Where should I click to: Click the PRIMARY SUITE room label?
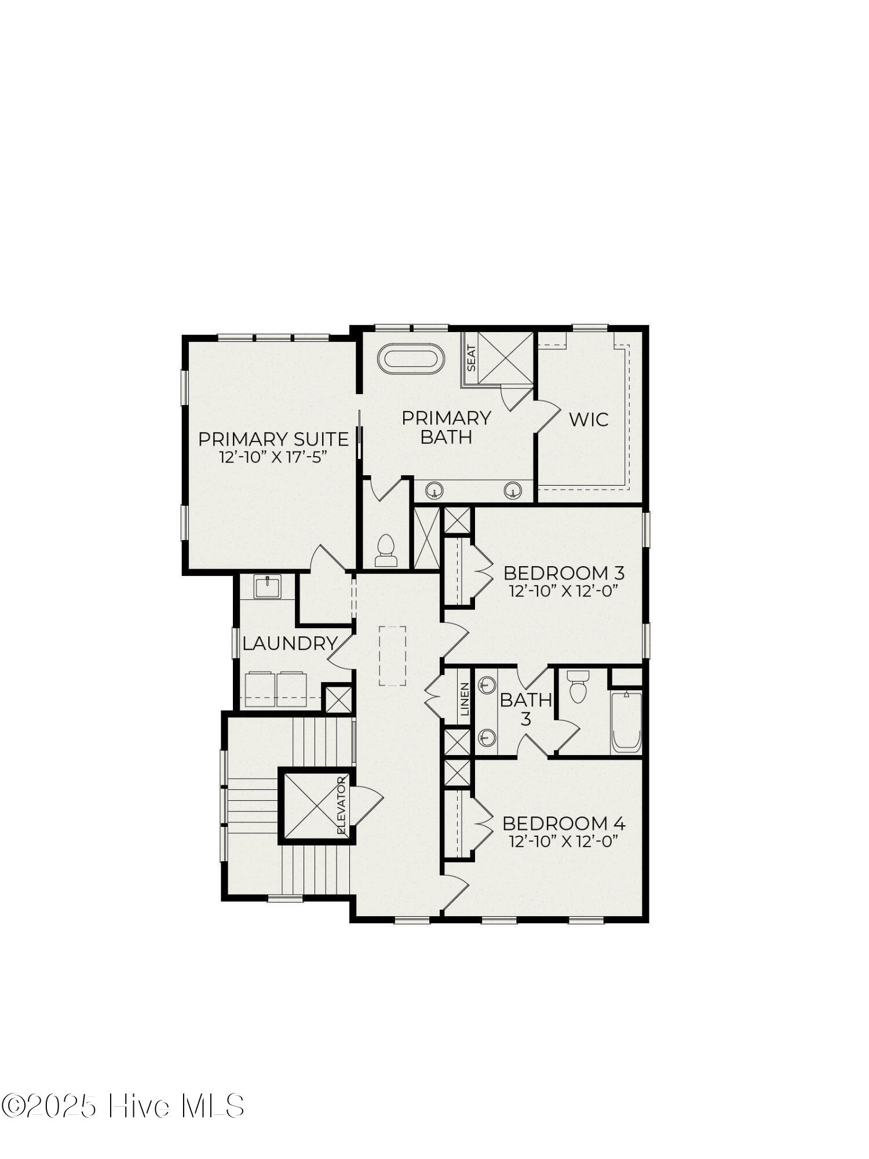pos(273,439)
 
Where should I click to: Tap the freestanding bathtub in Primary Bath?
pos(411,359)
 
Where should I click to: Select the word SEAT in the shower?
pos(471,359)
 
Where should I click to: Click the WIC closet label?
pos(589,419)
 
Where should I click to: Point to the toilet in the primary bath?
pos(385,551)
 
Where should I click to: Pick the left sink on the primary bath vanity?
pos(434,491)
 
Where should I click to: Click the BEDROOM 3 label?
pos(564,573)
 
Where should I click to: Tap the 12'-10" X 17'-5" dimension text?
pos(273,457)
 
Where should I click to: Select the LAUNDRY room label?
pos(290,643)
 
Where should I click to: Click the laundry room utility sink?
pos(267,586)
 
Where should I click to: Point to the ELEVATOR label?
pos(341,806)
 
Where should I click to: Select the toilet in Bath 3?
pos(578,687)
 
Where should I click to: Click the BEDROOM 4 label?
pos(564,823)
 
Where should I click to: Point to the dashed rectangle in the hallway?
pos(393,656)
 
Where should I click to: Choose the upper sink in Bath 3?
pos(487,684)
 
